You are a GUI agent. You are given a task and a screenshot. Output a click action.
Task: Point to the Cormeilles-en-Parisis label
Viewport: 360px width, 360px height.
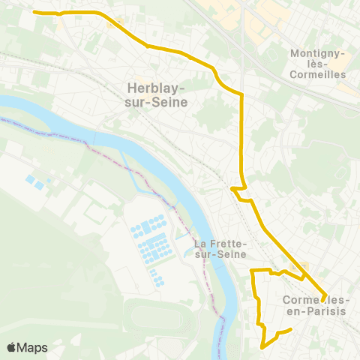pos(316,306)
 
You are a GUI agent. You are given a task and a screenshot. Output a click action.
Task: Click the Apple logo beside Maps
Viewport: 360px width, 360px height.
pos(12,348)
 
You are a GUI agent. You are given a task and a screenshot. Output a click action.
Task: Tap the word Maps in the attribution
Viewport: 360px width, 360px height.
pos(33,348)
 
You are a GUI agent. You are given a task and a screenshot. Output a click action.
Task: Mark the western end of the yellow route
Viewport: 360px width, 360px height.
pos(34,12)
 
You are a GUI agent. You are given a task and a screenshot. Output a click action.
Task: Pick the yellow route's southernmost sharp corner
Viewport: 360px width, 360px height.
pos(262,347)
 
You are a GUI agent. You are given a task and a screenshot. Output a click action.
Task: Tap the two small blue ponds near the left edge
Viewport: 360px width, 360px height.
pos(34,181)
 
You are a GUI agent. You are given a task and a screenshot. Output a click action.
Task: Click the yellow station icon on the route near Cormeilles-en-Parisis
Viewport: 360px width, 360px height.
pos(304,265)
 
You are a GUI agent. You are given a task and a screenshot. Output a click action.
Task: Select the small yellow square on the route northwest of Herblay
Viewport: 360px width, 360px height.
pos(112,22)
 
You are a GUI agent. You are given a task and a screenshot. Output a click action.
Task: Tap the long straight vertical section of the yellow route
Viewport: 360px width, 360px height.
pos(241,139)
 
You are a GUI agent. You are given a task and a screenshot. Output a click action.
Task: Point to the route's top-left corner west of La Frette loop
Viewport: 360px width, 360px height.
pos(251,270)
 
